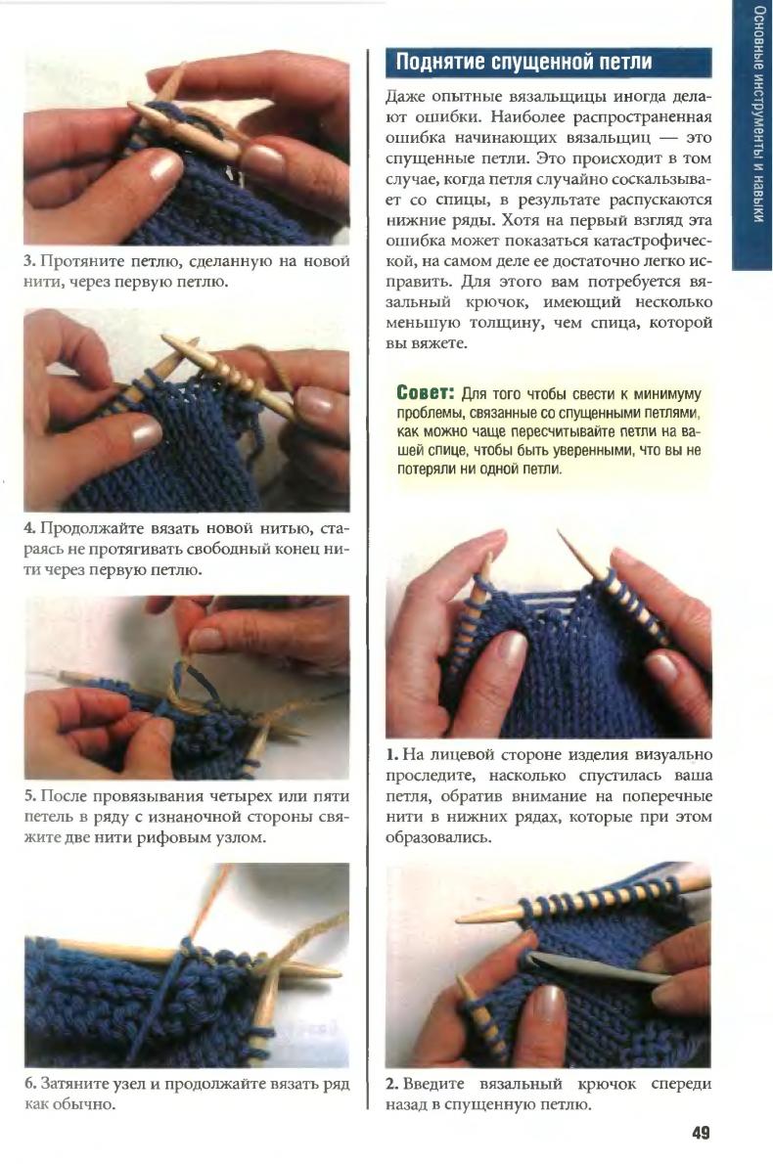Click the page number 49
point(701,1133)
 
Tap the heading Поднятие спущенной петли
point(523,62)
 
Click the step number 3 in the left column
point(28,261)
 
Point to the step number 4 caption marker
point(29,528)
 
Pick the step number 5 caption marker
point(29,796)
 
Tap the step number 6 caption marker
point(29,1083)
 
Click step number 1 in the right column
point(390,755)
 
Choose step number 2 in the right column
point(390,1084)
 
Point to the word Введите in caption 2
point(432,1084)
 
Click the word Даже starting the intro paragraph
point(404,97)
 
